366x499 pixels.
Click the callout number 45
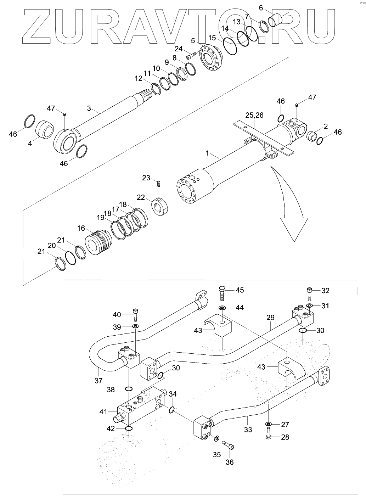(x=240, y=290)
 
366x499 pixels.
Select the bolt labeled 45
(x=223, y=292)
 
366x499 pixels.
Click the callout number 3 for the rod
(x=89, y=108)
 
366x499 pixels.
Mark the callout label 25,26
(x=254, y=115)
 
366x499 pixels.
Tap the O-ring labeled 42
(x=129, y=429)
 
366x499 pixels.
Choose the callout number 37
(x=98, y=381)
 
